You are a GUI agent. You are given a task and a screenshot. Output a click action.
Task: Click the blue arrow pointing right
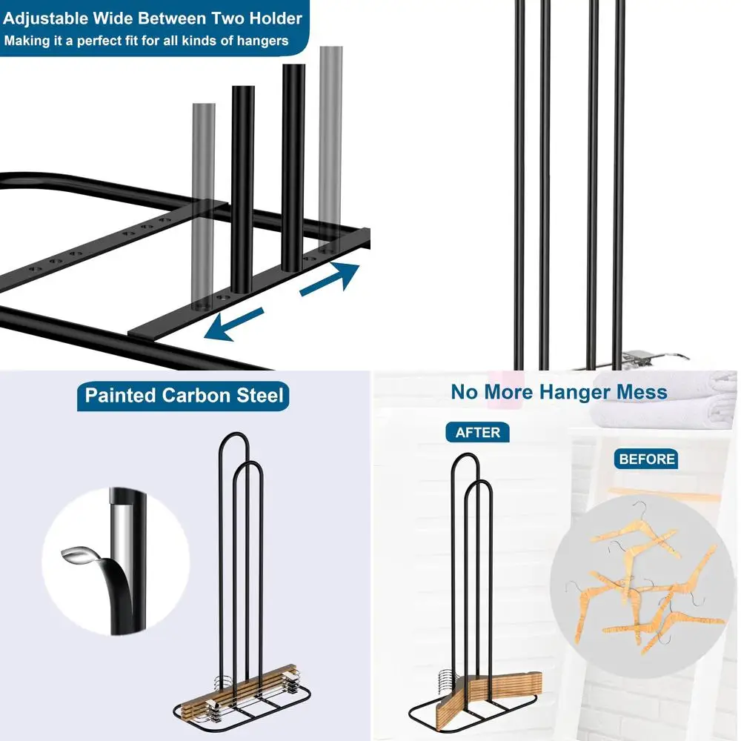(x=330, y=279)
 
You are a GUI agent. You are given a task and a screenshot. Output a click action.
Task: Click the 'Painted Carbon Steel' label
(x=184, y=395)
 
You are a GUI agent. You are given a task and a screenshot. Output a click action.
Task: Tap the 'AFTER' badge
(x=477, y=432)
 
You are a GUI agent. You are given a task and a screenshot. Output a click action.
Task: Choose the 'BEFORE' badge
(x=647, y=459)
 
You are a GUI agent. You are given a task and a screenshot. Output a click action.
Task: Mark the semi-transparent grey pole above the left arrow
(x=204, y=200)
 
